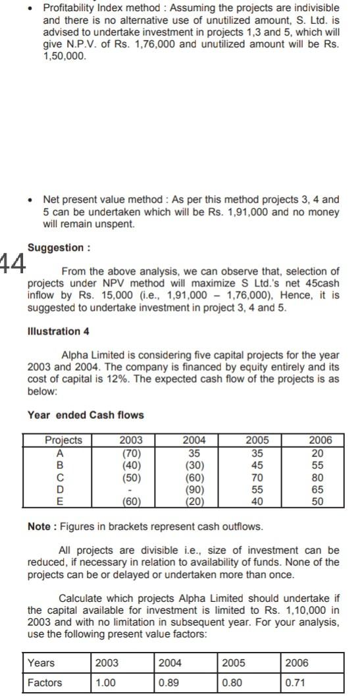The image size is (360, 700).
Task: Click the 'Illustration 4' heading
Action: (58, 331)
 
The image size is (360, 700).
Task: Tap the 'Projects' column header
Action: (63, 440)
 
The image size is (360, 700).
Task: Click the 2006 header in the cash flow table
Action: (321, 440)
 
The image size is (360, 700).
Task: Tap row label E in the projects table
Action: (60, 502)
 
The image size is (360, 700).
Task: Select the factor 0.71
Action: (295, 682)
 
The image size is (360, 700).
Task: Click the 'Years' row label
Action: (41, 662)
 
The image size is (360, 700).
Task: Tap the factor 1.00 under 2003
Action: (107, 682)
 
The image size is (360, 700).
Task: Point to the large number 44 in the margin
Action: (13, 264)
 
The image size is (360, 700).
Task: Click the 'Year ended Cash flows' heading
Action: (86, 414)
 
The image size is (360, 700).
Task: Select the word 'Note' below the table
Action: (40, 526)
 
